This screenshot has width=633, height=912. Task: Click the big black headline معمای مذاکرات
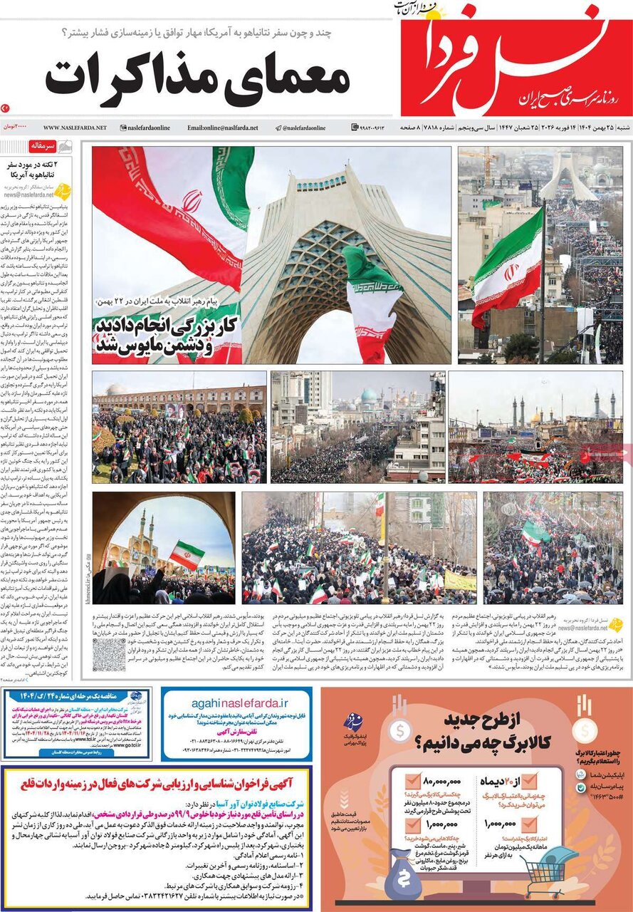198,78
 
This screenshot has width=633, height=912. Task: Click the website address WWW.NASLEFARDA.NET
75,128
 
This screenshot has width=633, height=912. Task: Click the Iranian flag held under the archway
187,554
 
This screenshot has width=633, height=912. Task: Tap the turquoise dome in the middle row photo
368,396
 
